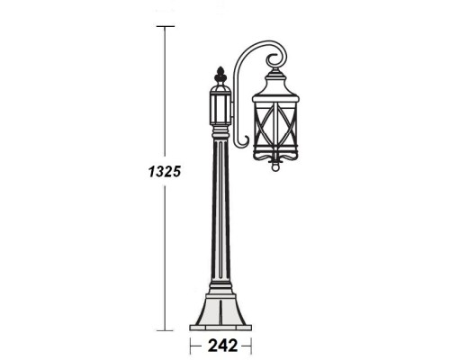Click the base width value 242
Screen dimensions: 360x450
[x=220, y=345]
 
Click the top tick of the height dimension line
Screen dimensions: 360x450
[x=165, y=27]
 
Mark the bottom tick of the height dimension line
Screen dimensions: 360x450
[x=165, y=330]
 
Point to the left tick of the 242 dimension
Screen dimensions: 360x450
[x=190, y=345]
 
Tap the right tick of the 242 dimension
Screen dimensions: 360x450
[x=251, y=345]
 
